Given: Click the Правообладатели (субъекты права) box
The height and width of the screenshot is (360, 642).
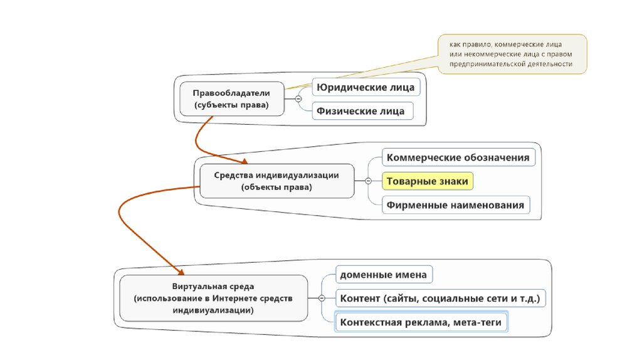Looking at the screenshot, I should (x=231, y=98).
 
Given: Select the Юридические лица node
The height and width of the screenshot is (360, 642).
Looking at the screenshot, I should (x=366, y=87).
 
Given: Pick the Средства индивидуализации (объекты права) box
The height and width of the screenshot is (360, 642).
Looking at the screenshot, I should (x=276, y=181).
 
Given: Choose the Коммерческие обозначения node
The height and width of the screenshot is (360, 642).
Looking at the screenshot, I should (x=458, y=157).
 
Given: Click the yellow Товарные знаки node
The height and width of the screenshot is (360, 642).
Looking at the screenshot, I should (x=427, y=181).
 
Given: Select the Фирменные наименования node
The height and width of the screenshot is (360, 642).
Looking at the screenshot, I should (x=455, y=204).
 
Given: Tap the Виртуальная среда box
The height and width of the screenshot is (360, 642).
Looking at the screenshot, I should (x=213, y=297).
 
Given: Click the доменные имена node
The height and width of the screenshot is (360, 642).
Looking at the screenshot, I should (x=384, y=275).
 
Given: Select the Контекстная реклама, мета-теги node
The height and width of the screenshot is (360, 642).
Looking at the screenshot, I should (x=421, y=322).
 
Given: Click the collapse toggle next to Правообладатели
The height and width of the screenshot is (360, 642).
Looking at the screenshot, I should (x=298, y=99).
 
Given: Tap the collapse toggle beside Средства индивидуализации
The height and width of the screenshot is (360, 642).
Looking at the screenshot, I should (x=367, y=181).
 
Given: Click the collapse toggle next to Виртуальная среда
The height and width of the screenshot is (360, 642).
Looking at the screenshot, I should (x=321, y=298).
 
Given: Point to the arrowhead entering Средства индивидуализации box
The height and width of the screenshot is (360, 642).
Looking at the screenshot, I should (x=241, y=160).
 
